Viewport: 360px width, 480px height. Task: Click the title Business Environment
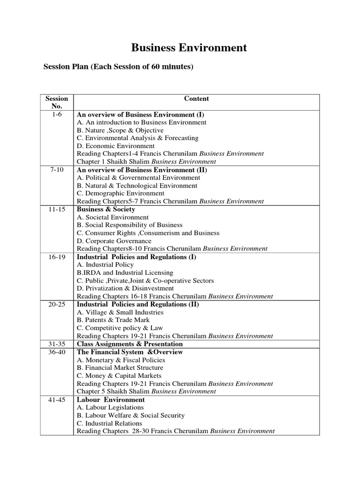tap(188, 47)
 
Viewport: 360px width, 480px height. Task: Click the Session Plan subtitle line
tap(118, 67)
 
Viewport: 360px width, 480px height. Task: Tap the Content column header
tap(196, 98)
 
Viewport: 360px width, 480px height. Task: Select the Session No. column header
tap(57, 102)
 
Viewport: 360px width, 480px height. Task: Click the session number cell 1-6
tap(57, 114)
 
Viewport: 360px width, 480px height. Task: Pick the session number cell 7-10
tap(57, 170)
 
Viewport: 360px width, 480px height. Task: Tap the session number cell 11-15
tap(57, 210)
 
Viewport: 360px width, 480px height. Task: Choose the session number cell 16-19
tap(57, 257)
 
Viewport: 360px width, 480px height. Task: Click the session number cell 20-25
tap(57, 305)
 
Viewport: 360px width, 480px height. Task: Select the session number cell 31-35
tap(57, 344)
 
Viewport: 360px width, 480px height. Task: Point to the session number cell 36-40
tap(57, 352)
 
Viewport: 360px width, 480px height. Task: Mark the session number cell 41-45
tap(57, 400)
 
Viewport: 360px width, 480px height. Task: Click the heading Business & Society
tap(106, 210)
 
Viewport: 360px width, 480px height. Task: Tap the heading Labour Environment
tap(111, 400)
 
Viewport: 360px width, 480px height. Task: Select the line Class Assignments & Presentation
tap(130, 344)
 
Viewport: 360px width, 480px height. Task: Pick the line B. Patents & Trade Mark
tap(110, 320)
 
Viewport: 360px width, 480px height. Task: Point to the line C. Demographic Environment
tap(120, 193)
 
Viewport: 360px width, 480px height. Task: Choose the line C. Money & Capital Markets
tap(119, 376)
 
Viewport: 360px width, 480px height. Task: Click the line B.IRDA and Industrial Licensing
tap(125, 273)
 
